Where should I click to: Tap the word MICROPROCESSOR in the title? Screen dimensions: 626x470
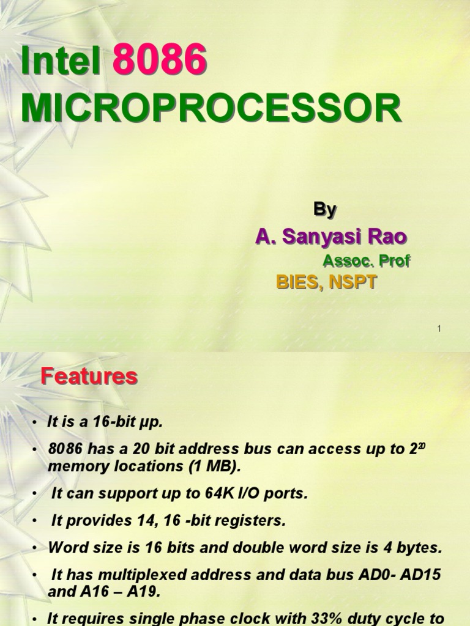point(211,109)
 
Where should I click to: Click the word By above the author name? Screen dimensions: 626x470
point(325,210)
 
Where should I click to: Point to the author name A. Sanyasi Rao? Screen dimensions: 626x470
point(331,237)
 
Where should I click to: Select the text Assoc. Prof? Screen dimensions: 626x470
point(366,261)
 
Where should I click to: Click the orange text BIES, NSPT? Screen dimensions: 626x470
point(327,282)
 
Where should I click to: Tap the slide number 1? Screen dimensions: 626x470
point(439,329)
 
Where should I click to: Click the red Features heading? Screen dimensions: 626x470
point(89,377)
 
